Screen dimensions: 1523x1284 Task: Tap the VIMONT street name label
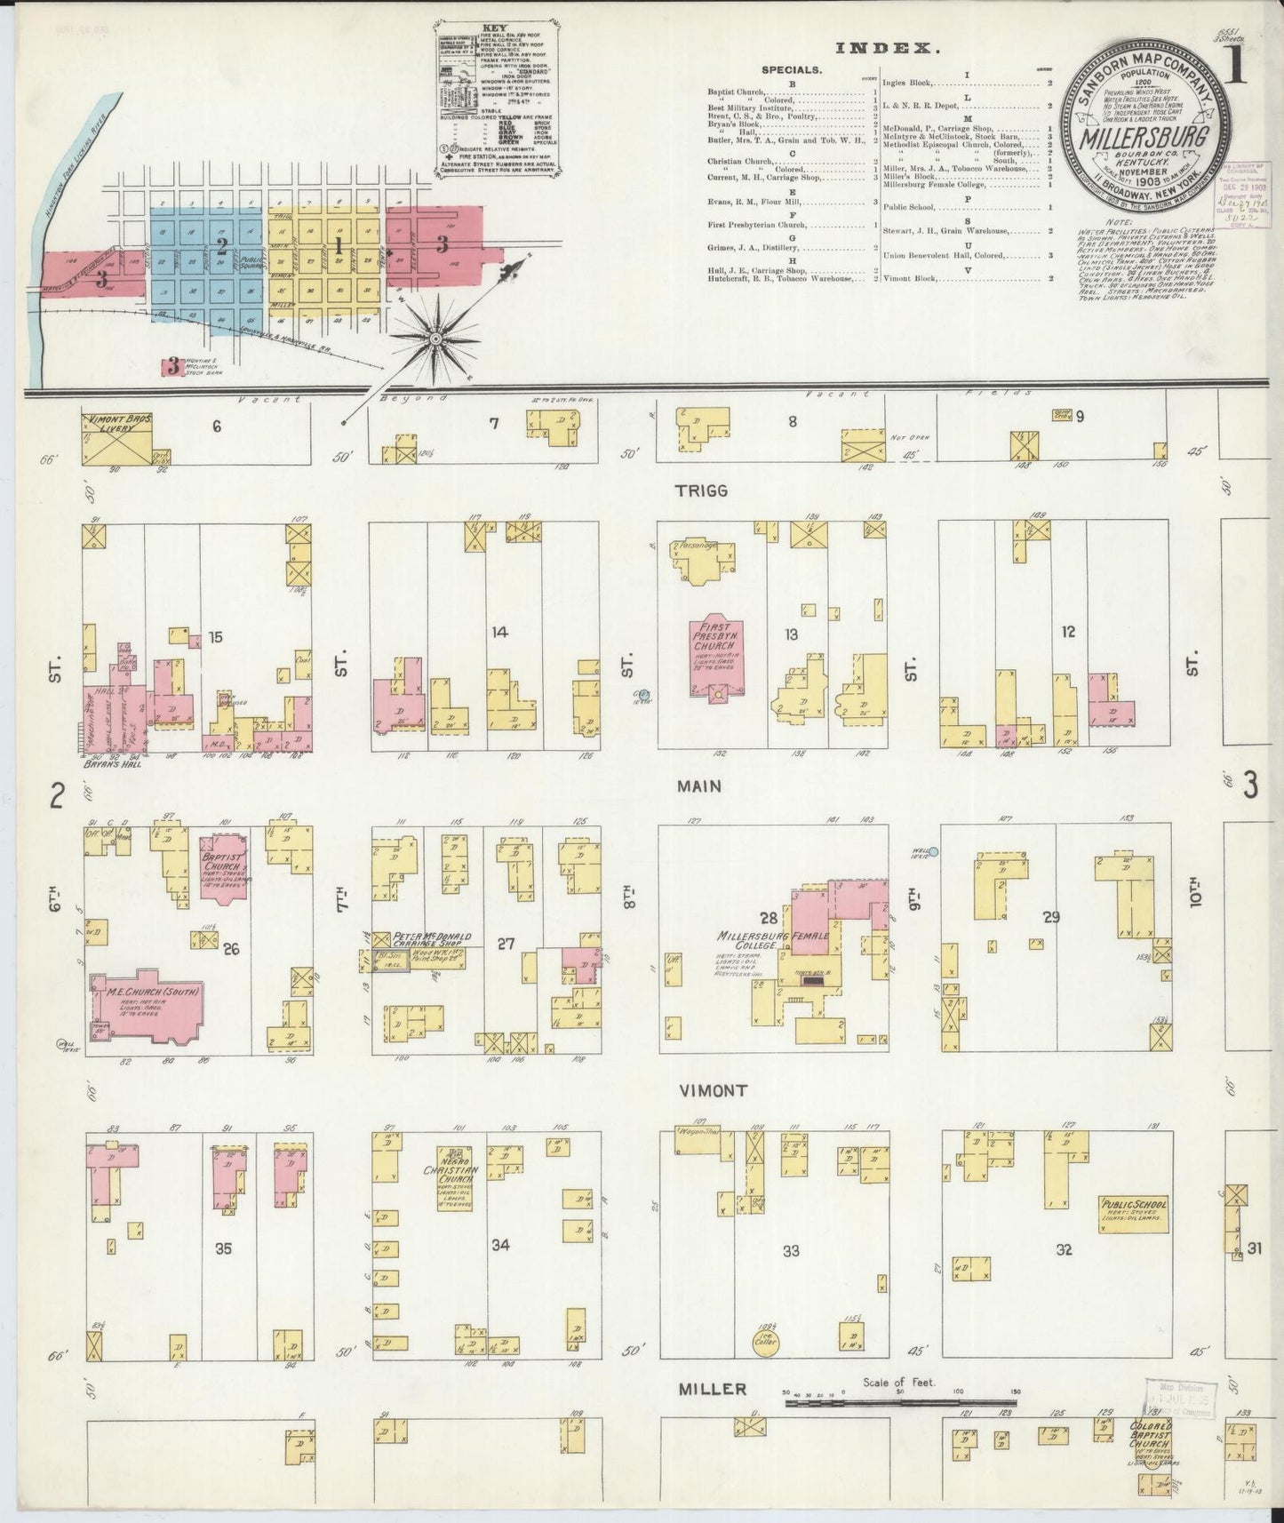point(714,1089)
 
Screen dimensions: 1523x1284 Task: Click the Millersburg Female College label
point(775,940)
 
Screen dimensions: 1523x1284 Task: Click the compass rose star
point(437,339)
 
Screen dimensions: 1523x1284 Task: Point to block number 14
point(500,632)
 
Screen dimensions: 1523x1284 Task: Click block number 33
point(790,1250)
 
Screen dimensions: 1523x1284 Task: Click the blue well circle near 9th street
point(934,850)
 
